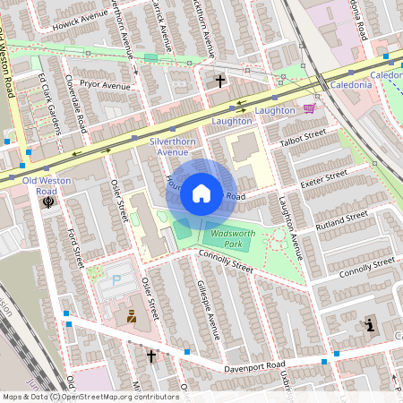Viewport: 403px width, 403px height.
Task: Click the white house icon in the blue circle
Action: tap(201, 193)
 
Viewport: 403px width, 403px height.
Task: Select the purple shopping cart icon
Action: tap(310, 108)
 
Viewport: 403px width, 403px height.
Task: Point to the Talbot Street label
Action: tap(302, 136)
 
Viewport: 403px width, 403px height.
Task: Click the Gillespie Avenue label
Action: tap(207, 310)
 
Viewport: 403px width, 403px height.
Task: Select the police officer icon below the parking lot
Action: tap(132, 316)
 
